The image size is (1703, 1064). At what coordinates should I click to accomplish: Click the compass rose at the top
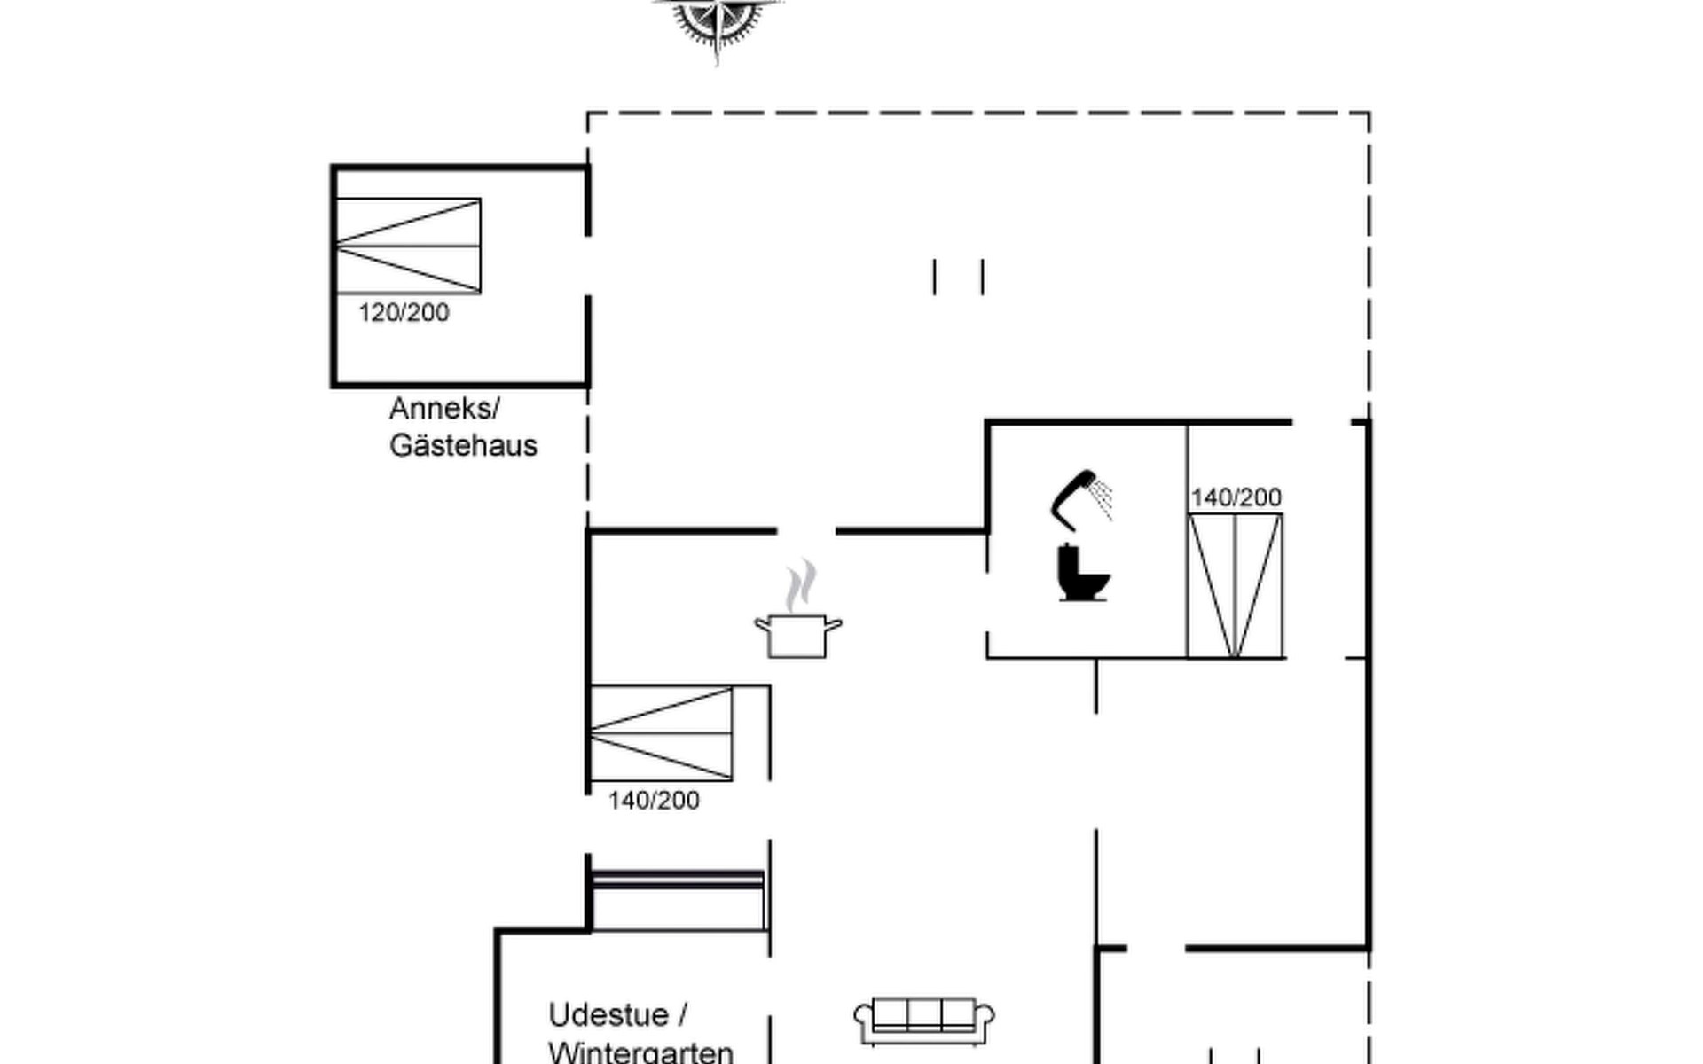point(717,22)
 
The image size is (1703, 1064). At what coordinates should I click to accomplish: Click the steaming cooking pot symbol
point(798,634)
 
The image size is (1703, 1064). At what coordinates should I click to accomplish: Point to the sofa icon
point(924,1021)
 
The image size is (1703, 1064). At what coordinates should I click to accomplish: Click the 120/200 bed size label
point(404,313)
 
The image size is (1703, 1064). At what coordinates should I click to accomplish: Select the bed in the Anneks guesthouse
point(408,246)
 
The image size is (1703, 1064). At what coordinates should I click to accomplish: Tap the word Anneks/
point(444,409)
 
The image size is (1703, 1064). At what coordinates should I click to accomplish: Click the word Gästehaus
point(463,445)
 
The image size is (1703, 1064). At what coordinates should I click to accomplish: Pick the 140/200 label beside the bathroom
point(1236,497)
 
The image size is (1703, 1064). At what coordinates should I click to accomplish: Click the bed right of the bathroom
point(1236,585)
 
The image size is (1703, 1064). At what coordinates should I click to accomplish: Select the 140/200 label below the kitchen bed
point(654,801)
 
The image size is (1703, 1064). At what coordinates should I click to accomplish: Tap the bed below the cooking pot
point(662,733)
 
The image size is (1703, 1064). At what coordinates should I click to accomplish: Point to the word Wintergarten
point(640,1052)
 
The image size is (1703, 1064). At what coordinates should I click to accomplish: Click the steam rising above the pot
point(800,585)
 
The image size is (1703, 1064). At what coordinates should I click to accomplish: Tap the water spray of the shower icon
point(1103,499)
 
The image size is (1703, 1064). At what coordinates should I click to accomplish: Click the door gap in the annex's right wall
point(587,266)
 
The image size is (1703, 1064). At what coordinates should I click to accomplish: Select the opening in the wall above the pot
point(806,531)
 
